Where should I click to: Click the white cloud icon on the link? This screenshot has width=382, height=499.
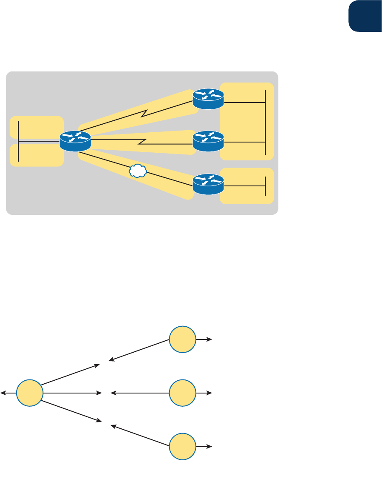(x=137, y=171)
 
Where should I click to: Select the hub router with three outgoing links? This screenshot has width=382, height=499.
(x=75, y=140)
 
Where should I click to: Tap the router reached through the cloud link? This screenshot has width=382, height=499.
(x=208, y=184)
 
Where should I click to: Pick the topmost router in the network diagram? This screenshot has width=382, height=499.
(x=208, y=99)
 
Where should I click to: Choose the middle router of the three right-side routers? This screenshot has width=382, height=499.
(x=208, y=141)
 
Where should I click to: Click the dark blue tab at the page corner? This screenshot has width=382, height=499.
(x=365, y=16)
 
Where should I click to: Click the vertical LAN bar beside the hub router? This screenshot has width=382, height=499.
(x=19, y=141)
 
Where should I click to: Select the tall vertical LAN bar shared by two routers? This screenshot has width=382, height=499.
(x=265, y=122)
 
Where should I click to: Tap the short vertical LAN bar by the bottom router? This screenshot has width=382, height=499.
(x=265, y=186)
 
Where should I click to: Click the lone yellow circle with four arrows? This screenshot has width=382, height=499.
(x=30, y=393)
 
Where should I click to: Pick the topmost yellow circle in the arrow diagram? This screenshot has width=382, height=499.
(x=183, y=339)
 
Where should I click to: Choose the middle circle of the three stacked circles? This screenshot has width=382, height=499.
(x=183, y=393)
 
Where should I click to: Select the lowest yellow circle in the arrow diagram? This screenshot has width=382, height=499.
(x=183, y=447)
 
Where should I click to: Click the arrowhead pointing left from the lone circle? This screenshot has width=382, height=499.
(x=3, y=393)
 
